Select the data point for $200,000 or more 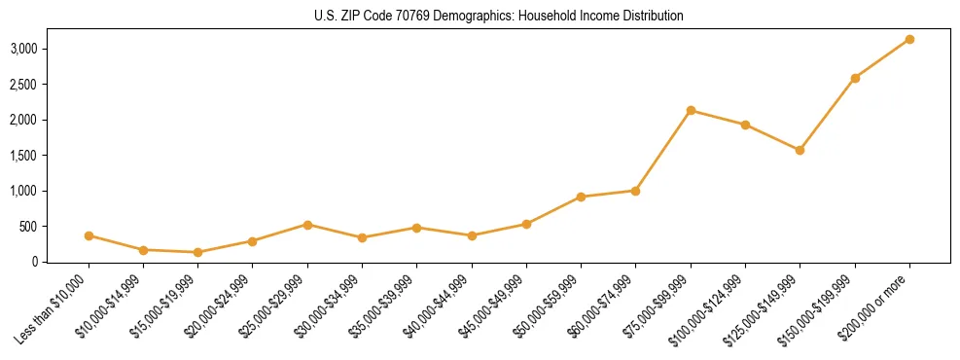coord(909,39)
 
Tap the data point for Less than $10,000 coord(89,235)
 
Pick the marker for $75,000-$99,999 coord(691,110)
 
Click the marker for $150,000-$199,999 coord(855,78)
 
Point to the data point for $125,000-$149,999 coord(800,150)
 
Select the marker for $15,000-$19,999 coord(198,252)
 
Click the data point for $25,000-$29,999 coord(307,225)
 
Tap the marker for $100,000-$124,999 coord(745,125)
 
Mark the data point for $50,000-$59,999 coord(581,197)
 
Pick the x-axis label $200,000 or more coord(878,307)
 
